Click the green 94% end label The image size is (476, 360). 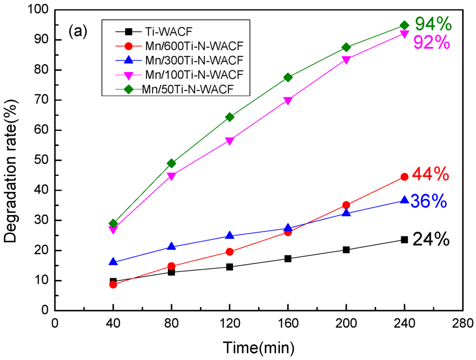(x=433, y=23)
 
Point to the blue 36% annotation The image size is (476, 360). (x=429, y=202)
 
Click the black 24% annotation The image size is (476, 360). (x=431, y=240)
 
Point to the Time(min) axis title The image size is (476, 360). (x=258, y=347)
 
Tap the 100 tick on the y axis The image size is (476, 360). (x=40, y=10)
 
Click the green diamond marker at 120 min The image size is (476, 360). (x=230, y=117)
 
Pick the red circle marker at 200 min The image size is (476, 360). (x=346, y=205)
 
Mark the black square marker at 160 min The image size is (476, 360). (x=288, y=259)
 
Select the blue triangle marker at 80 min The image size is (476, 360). (x=172, y=247)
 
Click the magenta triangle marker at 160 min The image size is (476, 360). (x=288, y=100)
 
